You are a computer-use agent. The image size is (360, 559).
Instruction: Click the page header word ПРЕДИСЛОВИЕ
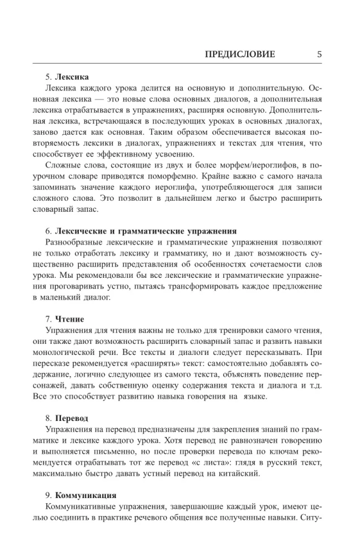[x=240, y=54]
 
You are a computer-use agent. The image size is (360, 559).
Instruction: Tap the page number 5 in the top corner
[x=319, y=54]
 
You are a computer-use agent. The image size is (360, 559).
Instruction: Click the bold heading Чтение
[x=69, y=319]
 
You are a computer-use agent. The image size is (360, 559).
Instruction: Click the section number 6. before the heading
[x=49, y=230]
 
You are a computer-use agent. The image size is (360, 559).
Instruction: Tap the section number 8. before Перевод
[x=49, y=418]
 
